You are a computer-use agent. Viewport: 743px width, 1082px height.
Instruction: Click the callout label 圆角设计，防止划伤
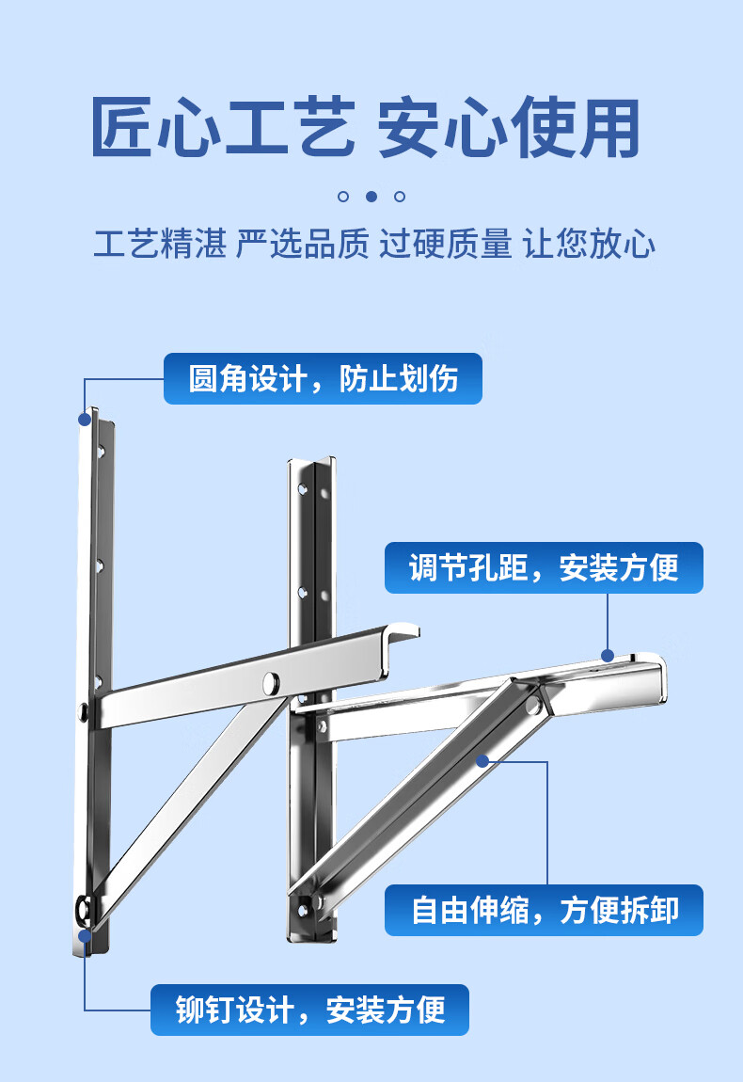pyautogui.click(x=323, y=379)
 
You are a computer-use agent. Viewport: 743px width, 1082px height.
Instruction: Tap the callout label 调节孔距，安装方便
pyautogui.click(x=543, y=567)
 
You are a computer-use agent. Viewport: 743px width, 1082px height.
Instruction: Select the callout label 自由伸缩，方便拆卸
pyautogui.click(x=543, y=910)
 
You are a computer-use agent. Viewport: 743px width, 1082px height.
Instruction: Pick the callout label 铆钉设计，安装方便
pyautogui.click(x=309, y=1010)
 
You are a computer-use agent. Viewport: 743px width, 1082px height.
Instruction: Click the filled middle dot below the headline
pyautogui.click(x=371, y=197)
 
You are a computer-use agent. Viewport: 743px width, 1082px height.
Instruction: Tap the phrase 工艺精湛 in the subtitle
pyautogui.click(x=160, y=245)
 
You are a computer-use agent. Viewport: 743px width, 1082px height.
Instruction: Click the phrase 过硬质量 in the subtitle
pyautogui.click(x=446, y=245)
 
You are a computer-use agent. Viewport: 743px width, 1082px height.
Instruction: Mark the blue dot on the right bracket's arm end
pyautogui.click(x=608, y=655)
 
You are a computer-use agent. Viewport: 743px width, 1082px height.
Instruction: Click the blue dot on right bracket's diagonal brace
pyautogui.click(x=482, y=760)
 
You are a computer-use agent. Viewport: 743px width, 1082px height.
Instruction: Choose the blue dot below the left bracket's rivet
pyautogui.click(x=85, y=936)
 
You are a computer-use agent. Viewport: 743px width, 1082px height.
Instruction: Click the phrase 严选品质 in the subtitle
pyautogui.click(x=302, y=245)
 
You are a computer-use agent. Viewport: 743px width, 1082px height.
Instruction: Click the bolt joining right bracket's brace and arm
pyautogui.click(x=533, y=704)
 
